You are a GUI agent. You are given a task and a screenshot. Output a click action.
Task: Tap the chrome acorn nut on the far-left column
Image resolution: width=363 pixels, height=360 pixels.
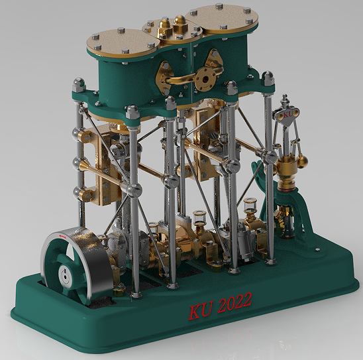(78, 86)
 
